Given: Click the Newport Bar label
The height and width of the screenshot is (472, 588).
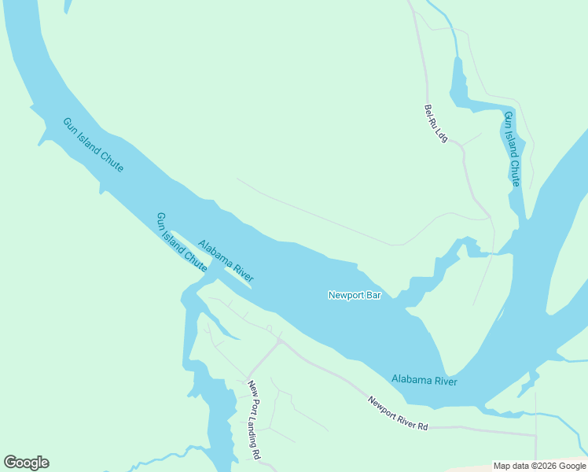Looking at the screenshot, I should click(354, 295).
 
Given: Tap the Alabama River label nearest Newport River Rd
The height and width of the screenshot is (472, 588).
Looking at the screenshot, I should click(424, 381).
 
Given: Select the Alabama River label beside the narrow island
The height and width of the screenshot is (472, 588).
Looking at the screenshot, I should click(225, 260).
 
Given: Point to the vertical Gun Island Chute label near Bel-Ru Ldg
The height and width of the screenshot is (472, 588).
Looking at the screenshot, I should click(512, 149).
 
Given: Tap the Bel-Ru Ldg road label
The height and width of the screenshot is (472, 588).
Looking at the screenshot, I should click(435, 124).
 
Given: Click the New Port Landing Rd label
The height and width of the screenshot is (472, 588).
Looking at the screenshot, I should click(254, 420).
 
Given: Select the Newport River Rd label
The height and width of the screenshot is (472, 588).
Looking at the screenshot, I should click(399, 413).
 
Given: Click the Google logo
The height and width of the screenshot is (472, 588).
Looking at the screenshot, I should click(26, 463).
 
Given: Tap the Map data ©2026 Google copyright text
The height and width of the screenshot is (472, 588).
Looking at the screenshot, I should click(539, 466).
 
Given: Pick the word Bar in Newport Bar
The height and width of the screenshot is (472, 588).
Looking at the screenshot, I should click(372, 295).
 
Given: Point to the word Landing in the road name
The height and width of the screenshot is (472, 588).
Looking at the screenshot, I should click(254, 423).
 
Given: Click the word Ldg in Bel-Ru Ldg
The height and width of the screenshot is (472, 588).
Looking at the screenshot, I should click(442, 136).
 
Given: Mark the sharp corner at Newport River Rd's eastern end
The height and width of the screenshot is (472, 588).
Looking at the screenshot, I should click(535, 434).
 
